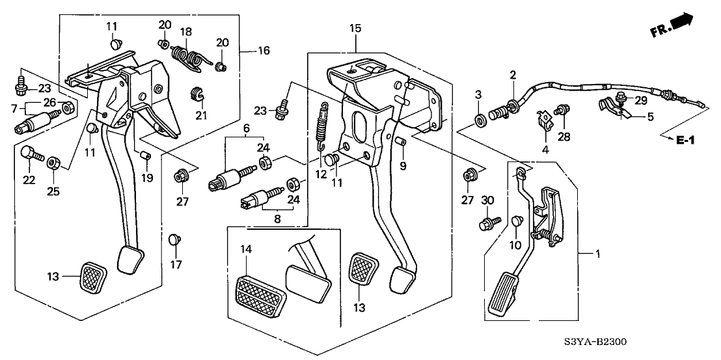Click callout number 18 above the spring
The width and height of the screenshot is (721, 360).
coord(186,31)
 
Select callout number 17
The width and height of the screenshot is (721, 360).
coord(174,265)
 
